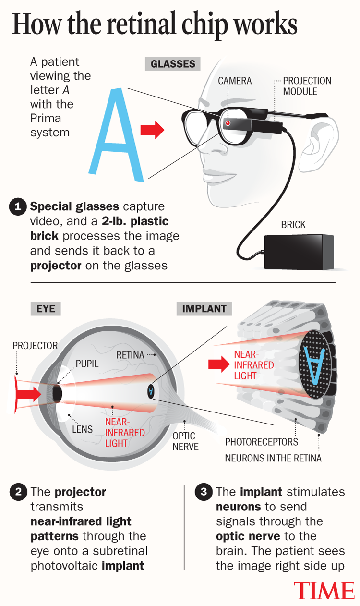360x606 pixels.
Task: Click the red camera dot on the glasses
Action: (228, 124)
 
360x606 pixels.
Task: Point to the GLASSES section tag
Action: (173, 64)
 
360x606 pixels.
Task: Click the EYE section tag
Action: (46, 308)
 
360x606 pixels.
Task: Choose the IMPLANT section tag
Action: (204, 308)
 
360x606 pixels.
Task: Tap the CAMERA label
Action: (235, 81)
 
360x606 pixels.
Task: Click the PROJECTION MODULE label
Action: (307, 85)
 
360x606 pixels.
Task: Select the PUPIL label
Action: (86, 364)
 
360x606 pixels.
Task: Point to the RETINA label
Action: (130, 355)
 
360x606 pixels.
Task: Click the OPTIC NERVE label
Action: (184, 441)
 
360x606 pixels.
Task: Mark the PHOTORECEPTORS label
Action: (262, 442)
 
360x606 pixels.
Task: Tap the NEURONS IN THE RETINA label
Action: (273, 458)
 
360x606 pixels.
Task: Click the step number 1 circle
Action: (17, 207)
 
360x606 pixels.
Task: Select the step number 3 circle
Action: (203, 492)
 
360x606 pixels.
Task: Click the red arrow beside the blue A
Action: (152, 130)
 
